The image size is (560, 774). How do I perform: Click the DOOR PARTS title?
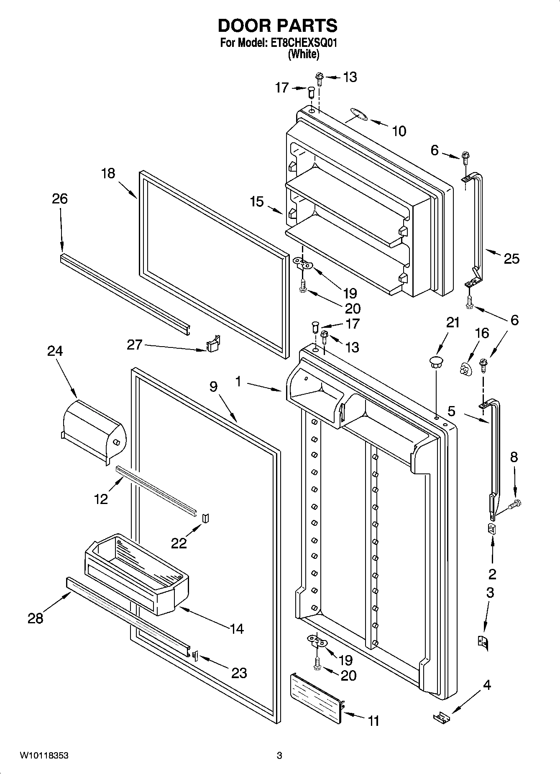coord(277,26)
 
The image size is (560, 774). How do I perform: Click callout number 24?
coord(55,351)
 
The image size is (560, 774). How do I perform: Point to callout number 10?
coord(399,131)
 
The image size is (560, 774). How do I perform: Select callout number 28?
coord(36,618)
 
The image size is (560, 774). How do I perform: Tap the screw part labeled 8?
coord(514,504)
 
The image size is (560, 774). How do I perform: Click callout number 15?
coord(257,202)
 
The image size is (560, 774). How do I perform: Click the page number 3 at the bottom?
coord(279,755)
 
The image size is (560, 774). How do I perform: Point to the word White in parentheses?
coord(304,54)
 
